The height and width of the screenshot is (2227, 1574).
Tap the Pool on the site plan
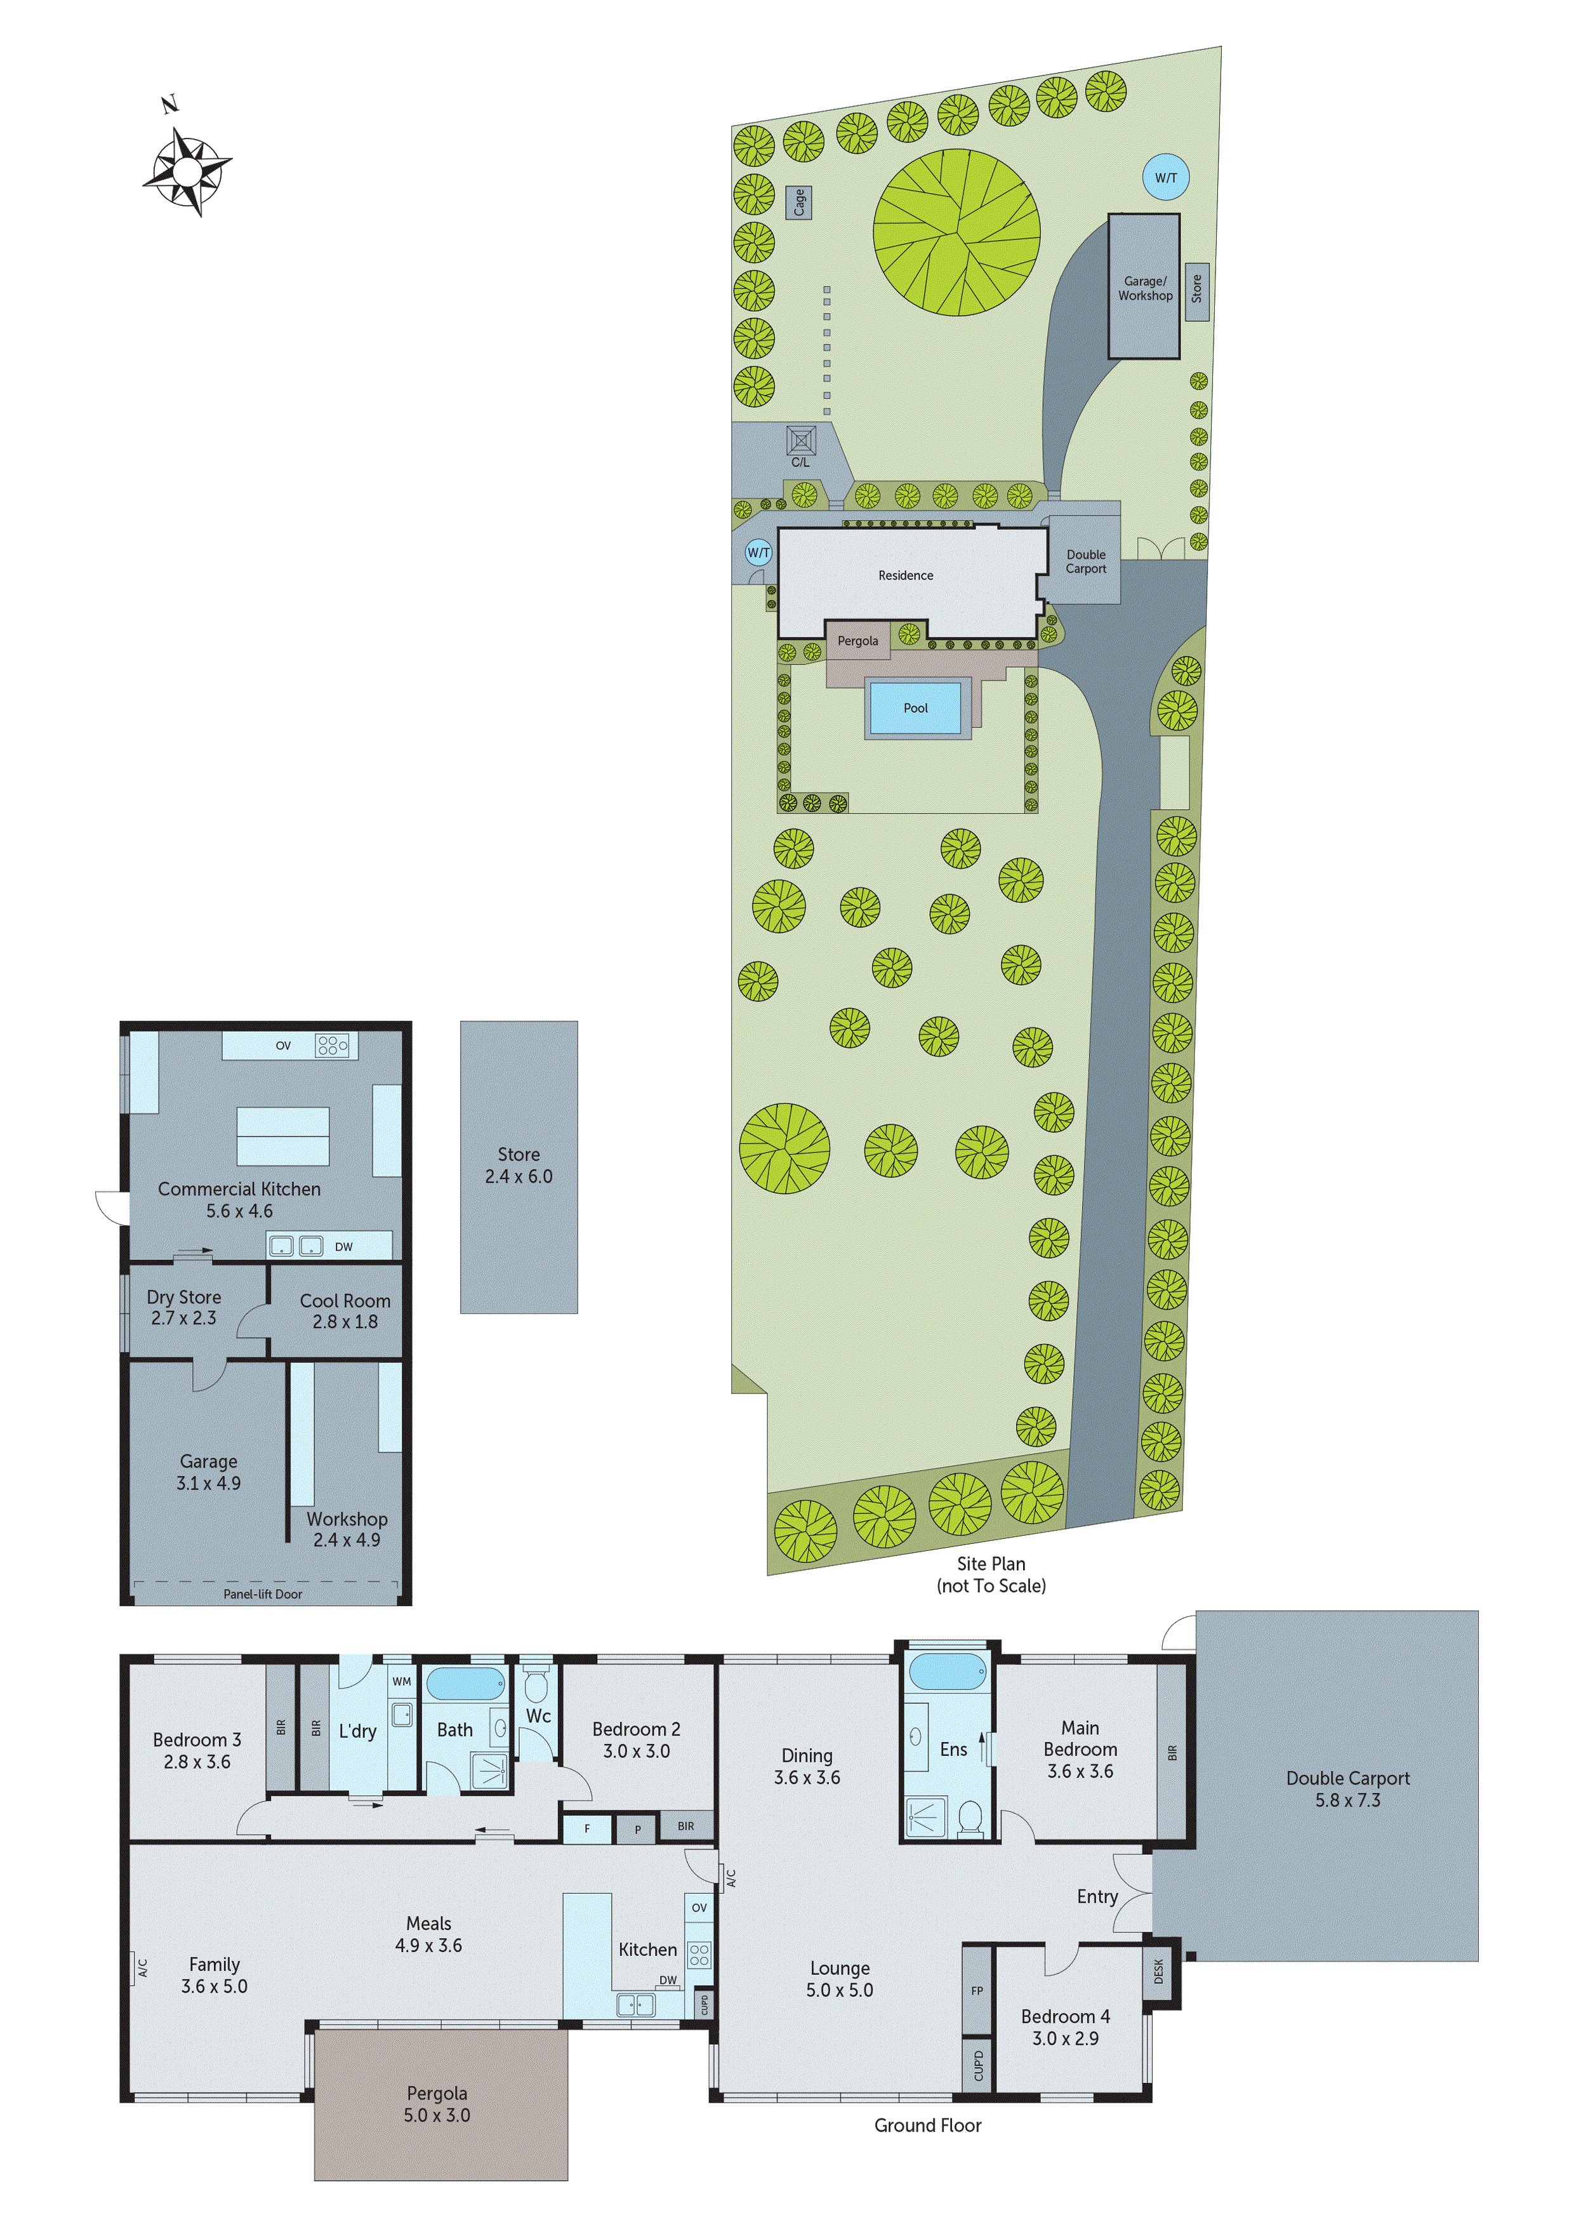[x=915, y=708]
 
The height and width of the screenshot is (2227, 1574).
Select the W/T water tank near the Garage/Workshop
[x=1165, y=178]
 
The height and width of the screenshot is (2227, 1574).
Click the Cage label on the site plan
[x=798, y=202]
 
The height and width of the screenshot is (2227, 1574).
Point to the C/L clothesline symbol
[x=800, y=442]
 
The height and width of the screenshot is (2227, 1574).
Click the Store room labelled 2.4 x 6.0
[x=518, y=1165]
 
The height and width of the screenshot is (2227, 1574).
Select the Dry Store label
[x=183, y=1297]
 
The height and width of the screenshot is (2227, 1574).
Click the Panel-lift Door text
[x=262, y=1593]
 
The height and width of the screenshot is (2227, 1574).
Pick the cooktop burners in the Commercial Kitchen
[x=332, y=1045]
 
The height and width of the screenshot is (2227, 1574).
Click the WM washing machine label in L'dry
[x=402, y=1681]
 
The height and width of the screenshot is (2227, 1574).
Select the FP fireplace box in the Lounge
[x=977, y=1990]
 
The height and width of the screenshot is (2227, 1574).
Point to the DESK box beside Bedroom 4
[x=1158, y=1971]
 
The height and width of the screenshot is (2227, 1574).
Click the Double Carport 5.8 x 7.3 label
[x=1347, y=1788]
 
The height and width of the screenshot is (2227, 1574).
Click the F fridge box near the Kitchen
[x=586, y=1828]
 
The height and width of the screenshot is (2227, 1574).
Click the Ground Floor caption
[x=927, y=2125]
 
